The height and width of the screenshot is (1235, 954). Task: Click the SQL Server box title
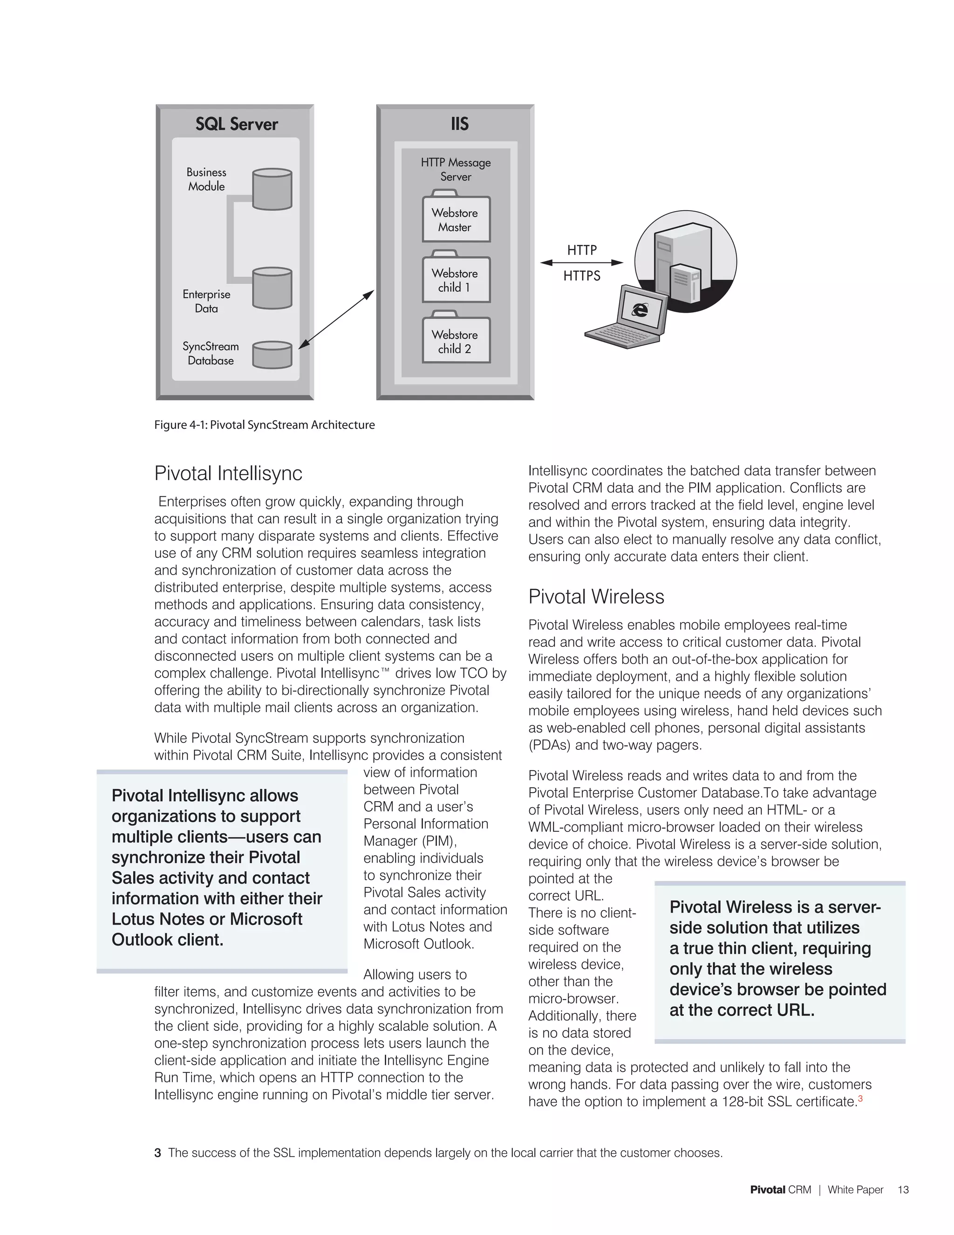pyautogui.click(x=236, y=124)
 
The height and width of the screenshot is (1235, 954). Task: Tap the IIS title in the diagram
pyautogui.click(x=459, y=124)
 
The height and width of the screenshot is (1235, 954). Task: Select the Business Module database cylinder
pyautogui.click(x=272, y=189)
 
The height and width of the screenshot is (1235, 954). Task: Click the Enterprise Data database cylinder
pyautogui.click(x=272, y=288)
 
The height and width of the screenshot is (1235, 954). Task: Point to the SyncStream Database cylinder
pyautogui.click(x=272, y=355)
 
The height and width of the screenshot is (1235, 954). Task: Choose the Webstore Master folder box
pyautogui.click(x=456, y=220)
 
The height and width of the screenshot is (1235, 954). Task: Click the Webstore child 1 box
pyautogui.click(x=456, y=280)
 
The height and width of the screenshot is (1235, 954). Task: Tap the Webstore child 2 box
pyautogui.click(x=456, y=341)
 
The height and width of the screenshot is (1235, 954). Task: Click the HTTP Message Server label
pyautogui.click(x=456, y=169)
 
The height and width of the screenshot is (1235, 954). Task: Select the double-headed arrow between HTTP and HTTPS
pyautogui.click(x=581, y=262)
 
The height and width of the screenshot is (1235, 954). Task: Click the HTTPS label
pyautogui.click(x=581, y=276)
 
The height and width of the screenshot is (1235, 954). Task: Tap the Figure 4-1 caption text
pyautogui.click(x=265, y=425)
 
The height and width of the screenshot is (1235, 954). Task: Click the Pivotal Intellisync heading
pyautogui.click(x=228, y=473)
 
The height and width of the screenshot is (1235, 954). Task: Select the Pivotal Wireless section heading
pyautogui.click(x=596, y=597)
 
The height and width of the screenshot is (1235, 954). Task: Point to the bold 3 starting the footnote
pyautogui.click(x=158, y=1153)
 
